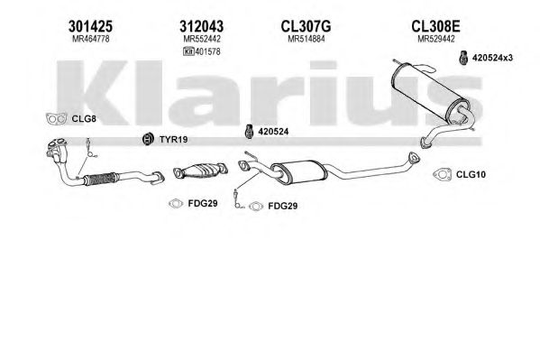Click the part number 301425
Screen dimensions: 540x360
[90, 26]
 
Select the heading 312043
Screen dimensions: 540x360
[201, 26]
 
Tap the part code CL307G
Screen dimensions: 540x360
[306, 26]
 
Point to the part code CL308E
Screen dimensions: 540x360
[435, 26]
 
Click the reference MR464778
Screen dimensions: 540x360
[90, 39]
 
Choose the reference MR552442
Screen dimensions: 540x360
[202, 39]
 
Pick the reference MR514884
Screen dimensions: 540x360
[307, 39]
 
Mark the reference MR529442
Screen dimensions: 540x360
[436, 39]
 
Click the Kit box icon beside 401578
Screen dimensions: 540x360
[188, 51]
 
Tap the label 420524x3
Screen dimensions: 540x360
[492, 58]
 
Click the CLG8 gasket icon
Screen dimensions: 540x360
[56, 118]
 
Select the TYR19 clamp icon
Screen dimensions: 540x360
[148, 139]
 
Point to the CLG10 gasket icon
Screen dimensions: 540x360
[442, 174]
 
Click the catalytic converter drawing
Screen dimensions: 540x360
[201, 171]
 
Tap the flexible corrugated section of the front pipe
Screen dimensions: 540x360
[101, 179]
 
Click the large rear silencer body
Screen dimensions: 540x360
[430, 93]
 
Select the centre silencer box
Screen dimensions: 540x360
[299, 172]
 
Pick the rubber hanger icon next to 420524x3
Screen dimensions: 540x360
[464, 58]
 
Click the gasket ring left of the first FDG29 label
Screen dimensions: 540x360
[176, 204]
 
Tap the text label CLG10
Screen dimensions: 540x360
[471, 174]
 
